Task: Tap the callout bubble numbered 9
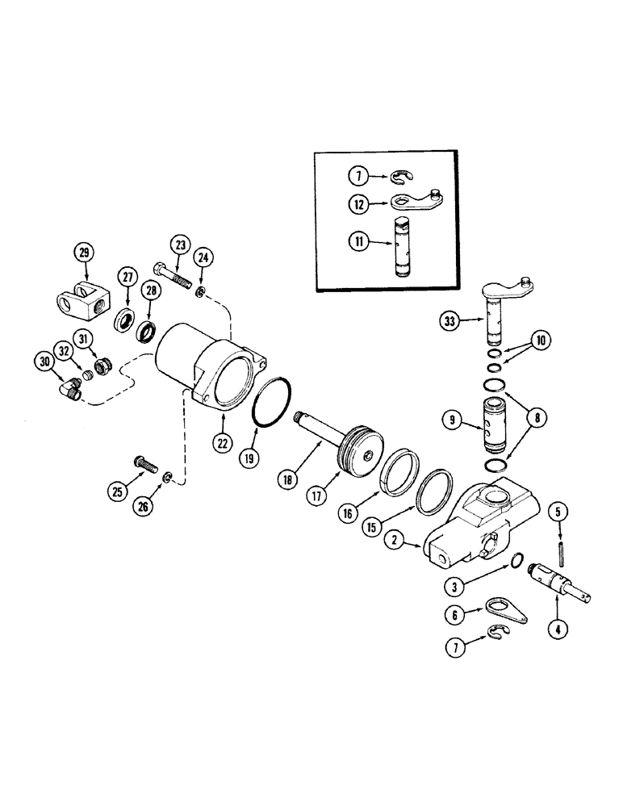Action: [x=453, y=419]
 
